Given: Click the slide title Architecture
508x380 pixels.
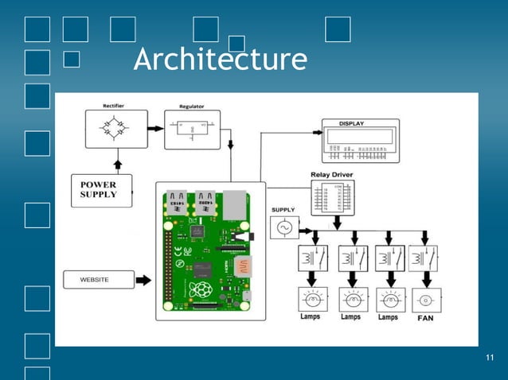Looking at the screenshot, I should click(x=220, y=60).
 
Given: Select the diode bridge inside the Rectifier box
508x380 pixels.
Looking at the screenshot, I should click(x=115, y=128).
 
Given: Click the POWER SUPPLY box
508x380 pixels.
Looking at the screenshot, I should click(x=100, y=190).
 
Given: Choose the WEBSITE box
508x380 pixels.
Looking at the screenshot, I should click(x=95, y=280).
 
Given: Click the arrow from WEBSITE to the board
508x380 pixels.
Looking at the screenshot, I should click(x=143, y=280).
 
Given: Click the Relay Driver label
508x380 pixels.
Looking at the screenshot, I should click(x=334, y=174).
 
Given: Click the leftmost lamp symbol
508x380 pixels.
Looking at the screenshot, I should click(x=310, y=300).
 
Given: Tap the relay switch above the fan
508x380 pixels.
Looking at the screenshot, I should click(x=424, y=258).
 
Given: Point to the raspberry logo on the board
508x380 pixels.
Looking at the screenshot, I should click(x=203, y=289).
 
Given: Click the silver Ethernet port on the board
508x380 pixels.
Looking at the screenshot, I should click(x=236, y=204).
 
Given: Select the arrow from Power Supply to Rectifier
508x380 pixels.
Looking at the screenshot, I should click(x=118, y=165).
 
